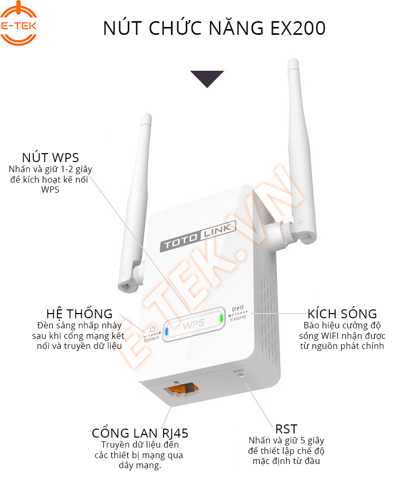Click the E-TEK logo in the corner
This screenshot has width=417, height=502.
click(19, 23)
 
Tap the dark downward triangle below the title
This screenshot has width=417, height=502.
click(207, 78)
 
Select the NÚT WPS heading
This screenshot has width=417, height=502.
click(50, 157)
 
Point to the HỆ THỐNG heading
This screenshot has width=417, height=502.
click(79, 314)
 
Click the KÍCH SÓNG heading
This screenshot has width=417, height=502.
click(342, 314)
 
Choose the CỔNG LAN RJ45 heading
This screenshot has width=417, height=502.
click(140, 433)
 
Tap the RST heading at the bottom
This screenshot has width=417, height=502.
click(286, 429)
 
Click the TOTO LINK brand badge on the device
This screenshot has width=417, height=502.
click(198, 237)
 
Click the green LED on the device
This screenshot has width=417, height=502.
click(222, 317)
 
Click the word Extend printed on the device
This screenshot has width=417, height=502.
click(238, 318)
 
